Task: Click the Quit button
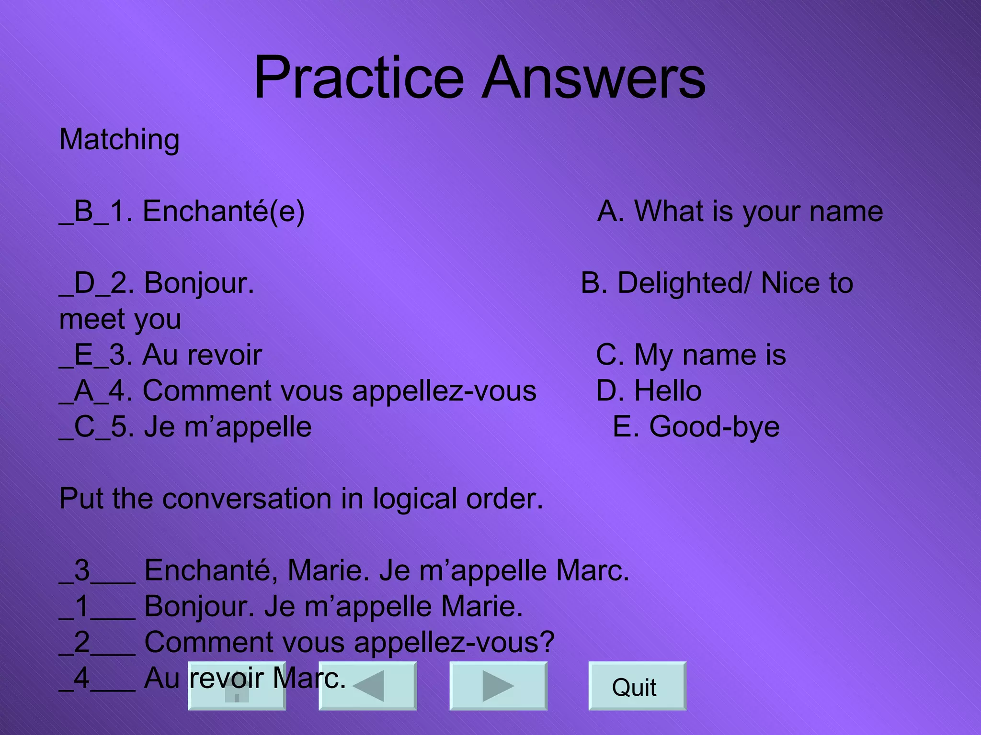[637, 686]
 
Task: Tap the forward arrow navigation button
[498, 686]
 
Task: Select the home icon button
[237, 686]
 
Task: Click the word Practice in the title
[358, 78]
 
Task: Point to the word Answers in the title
[594, 78]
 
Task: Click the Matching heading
[119, 140]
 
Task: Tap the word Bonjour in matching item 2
[199, 283]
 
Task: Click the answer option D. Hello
[649, 390]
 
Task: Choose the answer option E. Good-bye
[696, 426]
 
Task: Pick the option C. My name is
[691, 355]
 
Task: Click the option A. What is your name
[740, 211]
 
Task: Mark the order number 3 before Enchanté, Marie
[82, 570]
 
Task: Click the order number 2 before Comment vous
[82, 642]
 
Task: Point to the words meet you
[120, 319]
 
